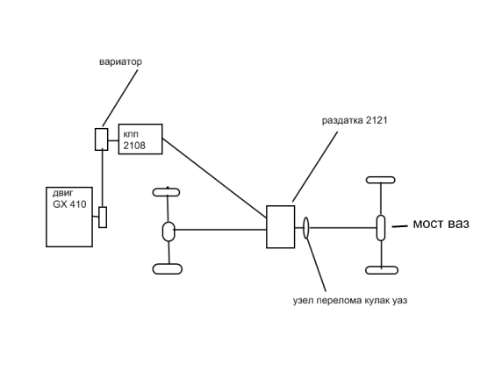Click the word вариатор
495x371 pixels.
[x=120, y=61]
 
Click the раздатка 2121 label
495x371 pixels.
[x=355, y=120]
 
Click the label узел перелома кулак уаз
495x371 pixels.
[x=350, y=300]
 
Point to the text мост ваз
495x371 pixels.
[x=441, y=224]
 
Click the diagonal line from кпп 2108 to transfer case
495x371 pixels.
[x=214, y=178]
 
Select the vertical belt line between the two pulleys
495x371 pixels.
[x=103, y=179]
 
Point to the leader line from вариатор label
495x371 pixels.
[x=120, y=98]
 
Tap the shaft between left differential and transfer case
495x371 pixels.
[x=220, y=230]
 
